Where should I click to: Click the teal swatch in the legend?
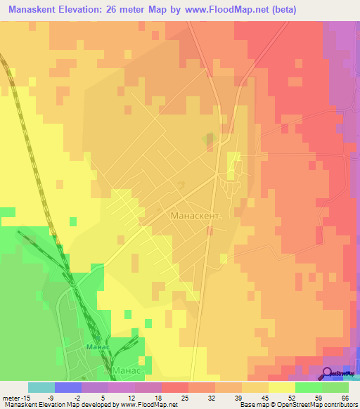tap(41, 387)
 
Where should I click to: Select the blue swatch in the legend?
tap(68, 387)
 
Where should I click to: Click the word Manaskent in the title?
tap(34, 10)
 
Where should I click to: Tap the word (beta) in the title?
tap(281, 10)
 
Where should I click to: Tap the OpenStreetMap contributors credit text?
tap(317, 404)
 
